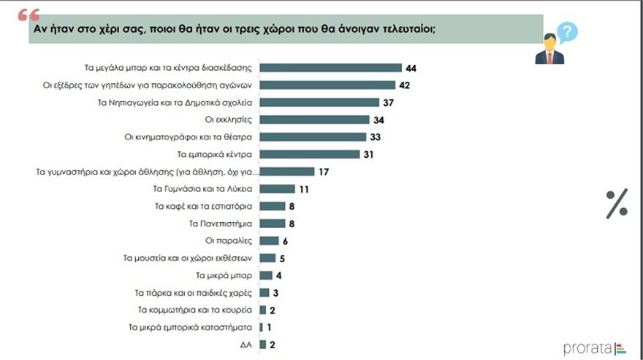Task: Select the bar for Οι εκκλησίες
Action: pos(315,120)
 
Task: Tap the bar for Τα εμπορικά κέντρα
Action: pos(310,154)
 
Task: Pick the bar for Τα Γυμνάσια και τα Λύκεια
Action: pos(278,188)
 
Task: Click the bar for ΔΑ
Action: pos(263,344)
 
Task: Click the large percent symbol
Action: pos(617,204)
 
